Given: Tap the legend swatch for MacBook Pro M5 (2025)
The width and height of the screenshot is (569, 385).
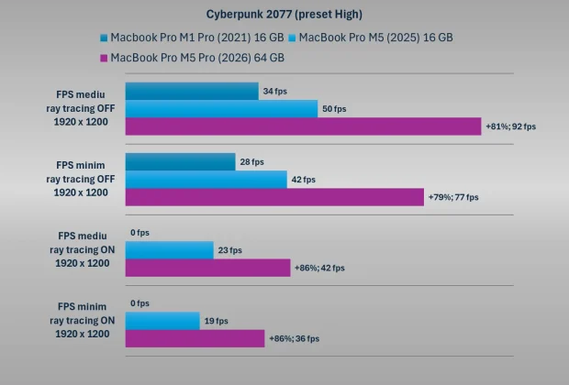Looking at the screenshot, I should coord(292,38).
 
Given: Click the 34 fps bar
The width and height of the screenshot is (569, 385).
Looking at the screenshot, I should coord(191,92).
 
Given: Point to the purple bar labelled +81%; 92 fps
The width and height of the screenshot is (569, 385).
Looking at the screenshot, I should coord(303,126).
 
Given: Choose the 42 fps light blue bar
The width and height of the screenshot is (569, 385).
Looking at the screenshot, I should coord(206,180).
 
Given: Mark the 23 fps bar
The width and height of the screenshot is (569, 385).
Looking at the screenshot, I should coord(169,250).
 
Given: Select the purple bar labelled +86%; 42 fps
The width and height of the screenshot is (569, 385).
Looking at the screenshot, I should coord(207,268).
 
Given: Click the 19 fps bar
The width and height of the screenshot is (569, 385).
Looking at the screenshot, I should coord(162,321).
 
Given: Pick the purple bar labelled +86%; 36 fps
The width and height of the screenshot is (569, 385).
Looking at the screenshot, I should coord(195,338).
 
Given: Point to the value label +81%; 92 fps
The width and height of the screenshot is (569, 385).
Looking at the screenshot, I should coord(511,126).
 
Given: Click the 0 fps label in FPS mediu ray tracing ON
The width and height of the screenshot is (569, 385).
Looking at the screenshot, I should coord(139,233).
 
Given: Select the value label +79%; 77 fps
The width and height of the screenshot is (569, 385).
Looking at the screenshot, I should coord(453,197).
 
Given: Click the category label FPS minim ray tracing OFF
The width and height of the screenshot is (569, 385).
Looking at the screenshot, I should coord(82,180).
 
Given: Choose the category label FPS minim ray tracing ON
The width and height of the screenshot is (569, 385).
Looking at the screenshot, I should coord(82,321).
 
